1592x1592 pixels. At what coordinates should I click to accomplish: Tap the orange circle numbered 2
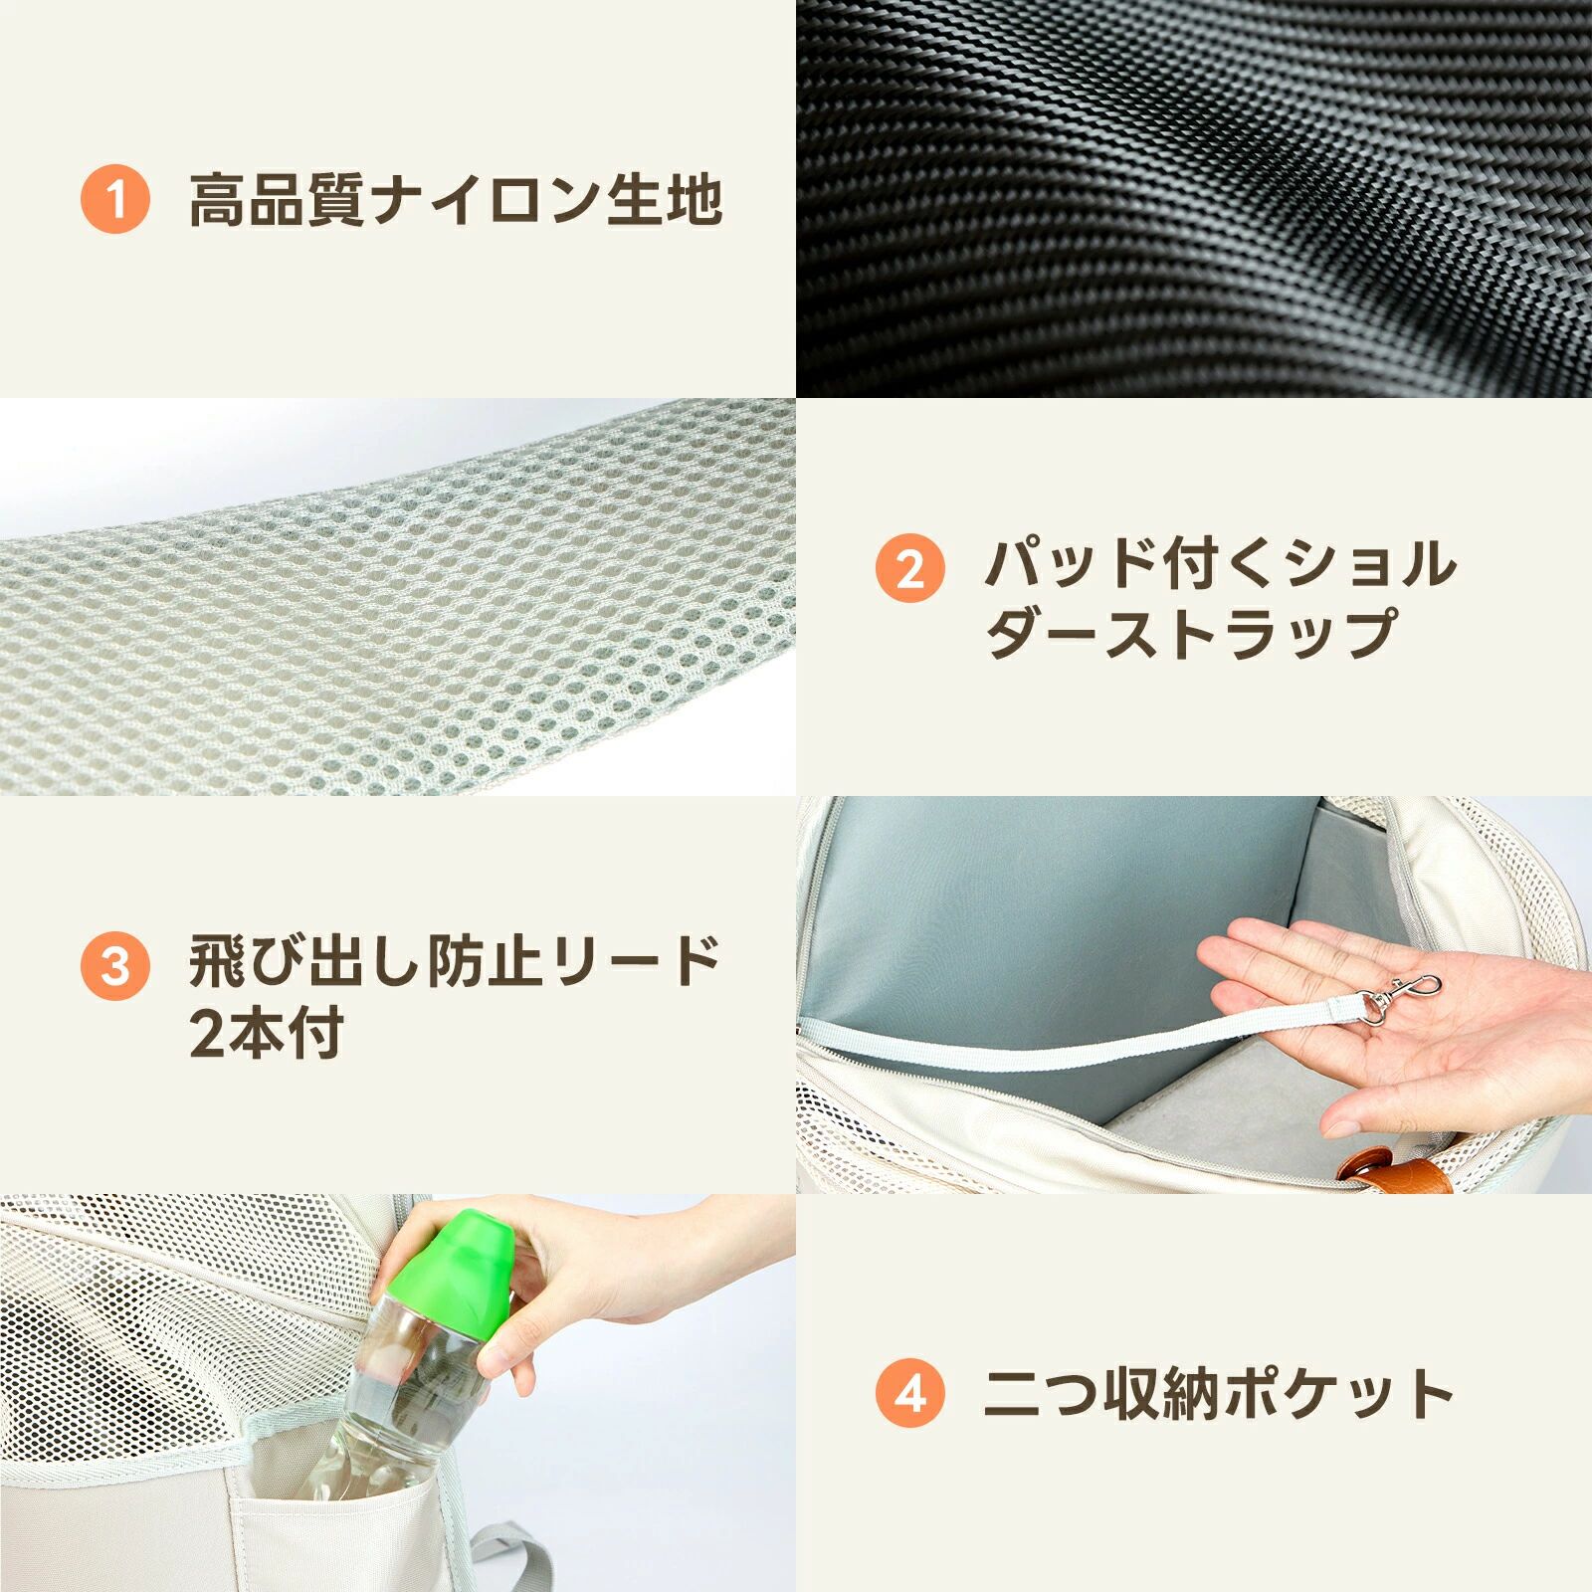pos(910,569)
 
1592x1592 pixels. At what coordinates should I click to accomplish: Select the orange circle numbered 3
pos(115,966)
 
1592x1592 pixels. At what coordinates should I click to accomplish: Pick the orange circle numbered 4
pos(910,1393)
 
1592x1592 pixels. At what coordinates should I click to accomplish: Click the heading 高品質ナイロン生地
pos(456,200)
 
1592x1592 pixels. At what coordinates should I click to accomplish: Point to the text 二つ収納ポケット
pos(1219,1393)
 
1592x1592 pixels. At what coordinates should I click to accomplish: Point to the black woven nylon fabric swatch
pos(1194,199)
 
